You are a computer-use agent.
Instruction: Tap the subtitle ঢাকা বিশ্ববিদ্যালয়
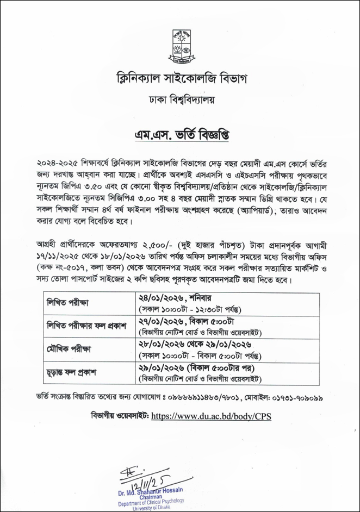180,99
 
